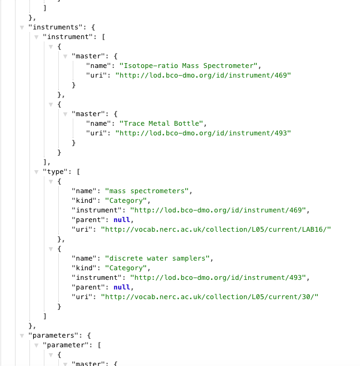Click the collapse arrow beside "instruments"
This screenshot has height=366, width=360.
point(22,27)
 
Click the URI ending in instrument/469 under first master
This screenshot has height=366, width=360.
point(203,75)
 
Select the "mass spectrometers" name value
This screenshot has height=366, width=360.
point(148,190)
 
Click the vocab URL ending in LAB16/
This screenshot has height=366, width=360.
point(217,229)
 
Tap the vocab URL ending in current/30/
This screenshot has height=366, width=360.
point(210,296)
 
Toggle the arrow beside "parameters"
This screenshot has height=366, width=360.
point(22,335)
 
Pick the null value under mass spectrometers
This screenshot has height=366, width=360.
point(121,219)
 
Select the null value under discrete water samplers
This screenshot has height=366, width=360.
point(121,287)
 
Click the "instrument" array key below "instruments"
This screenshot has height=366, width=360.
point(69,36)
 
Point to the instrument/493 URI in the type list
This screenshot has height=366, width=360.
point(219,277)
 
